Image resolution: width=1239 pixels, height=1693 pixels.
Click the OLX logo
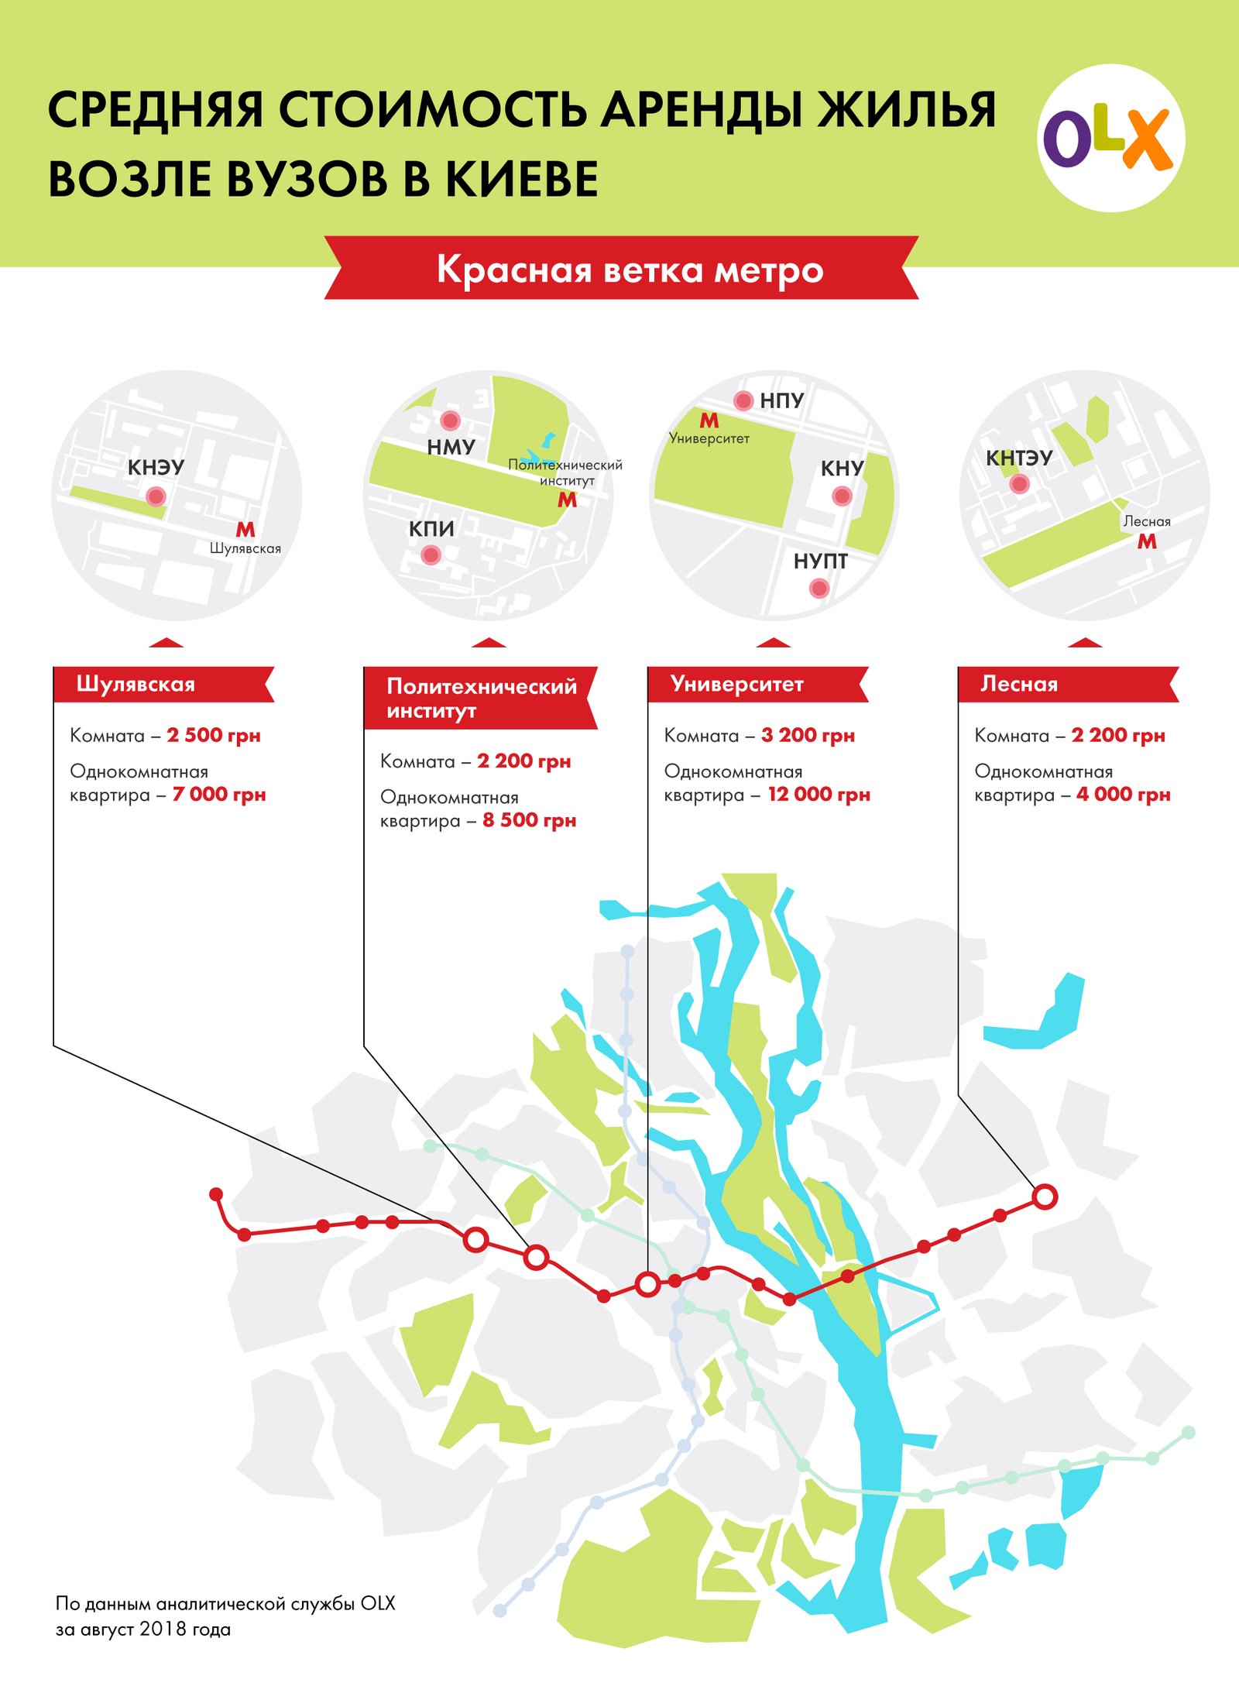coord(1110,138)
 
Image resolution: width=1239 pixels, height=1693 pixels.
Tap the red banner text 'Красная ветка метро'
coord(630,270)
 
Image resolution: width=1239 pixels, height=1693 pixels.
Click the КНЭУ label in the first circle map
coord(156,467)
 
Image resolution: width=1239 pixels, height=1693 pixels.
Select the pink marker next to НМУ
coord(450,421)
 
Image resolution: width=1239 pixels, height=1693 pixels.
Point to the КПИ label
coord(431,529)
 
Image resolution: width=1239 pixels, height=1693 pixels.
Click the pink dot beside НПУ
coord(743,400)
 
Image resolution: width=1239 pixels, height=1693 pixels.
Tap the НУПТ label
coord(820,561)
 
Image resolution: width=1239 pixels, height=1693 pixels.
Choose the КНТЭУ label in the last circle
coord(1018,458)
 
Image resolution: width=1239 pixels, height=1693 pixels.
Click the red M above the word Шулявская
coord(245,530)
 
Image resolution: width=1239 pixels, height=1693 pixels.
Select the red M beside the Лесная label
coord(1147,542)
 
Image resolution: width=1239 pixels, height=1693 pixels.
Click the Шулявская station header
coord(136,684)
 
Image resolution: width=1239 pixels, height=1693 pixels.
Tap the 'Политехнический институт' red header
coord(481,698)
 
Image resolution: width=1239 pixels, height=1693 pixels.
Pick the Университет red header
coord(737,684)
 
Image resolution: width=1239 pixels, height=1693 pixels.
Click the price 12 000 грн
coord(819,795)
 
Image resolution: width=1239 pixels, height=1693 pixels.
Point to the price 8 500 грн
coord(529,820)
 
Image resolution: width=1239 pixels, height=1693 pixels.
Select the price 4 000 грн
coord(1123,795)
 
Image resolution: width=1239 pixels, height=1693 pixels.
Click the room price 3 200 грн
coord(808,735)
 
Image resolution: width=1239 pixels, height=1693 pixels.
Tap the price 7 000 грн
coord(219,795)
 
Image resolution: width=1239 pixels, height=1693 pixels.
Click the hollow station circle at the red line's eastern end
coord(1045,1197)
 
